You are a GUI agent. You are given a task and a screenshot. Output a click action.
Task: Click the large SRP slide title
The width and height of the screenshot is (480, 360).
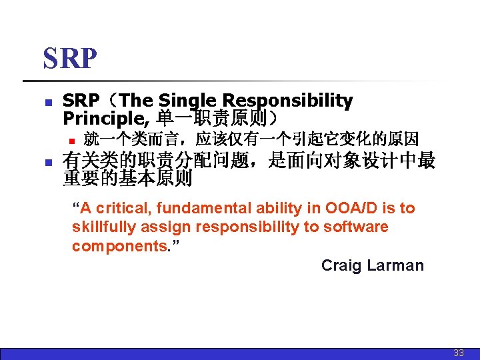(x=70, y=59)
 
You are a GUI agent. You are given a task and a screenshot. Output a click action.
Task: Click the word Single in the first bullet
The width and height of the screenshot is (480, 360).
(x=189, y=101)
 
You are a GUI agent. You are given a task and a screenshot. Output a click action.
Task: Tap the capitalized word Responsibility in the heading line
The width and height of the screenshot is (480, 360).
(x=287, y=101)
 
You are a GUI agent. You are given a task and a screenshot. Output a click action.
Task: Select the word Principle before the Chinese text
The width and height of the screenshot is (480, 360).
(x=107, y=118)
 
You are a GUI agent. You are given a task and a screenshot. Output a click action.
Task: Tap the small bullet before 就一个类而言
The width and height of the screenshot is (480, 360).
(x=69, y=141)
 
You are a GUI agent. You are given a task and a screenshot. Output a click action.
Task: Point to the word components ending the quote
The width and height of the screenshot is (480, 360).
(x=120, y=246)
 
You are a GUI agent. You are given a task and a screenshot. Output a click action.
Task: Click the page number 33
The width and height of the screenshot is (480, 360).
(x=458, y=353)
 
